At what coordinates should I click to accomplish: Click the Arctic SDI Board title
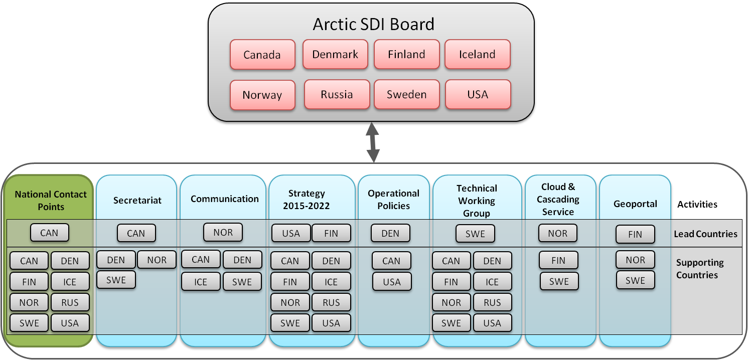pos(373,24)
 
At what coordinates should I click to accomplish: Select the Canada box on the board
pos(262,55)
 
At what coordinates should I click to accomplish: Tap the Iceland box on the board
pos(477,54)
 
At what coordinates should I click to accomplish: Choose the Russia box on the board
pos(337,94)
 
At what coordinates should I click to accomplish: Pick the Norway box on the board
pos(262,95)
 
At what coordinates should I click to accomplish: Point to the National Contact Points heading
pos(51,200)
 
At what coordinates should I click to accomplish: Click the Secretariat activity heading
pos(137,200)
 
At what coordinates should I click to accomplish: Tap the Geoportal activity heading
pos(635,204)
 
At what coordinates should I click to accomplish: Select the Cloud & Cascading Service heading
pos(558,199)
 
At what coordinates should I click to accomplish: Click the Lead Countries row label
pos(705,234)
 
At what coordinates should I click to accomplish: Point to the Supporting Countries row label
pos(699,269)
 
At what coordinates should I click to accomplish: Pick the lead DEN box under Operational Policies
pos(390,233)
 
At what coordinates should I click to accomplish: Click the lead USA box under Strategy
pos(291,233)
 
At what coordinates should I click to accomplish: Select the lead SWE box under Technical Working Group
pos(475,234)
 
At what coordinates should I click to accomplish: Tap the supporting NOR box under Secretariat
pos(157,260)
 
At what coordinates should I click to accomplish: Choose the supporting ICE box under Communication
pos(201,282)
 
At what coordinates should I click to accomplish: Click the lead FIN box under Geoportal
pos(635,234)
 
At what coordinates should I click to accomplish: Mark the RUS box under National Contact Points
pos(70,302)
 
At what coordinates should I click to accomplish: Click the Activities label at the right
pos(697,204)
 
